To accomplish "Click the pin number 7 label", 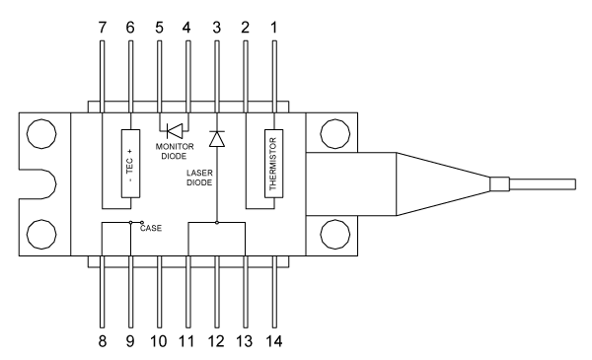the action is (x=103, y=28).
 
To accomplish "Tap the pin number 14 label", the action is (x=273, y=341).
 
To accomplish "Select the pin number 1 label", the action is (x=274, y=28).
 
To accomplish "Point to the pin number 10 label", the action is (x=159, y=341).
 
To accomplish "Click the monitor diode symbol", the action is (x=174, y=131).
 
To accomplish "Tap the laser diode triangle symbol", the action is (x=217, y=139).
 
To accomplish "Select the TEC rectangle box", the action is (x=130, y=164).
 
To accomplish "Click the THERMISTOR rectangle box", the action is (x=273, y=164).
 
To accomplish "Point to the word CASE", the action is (x=151, y=228).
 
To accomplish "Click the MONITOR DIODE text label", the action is (x=175, y=151).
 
